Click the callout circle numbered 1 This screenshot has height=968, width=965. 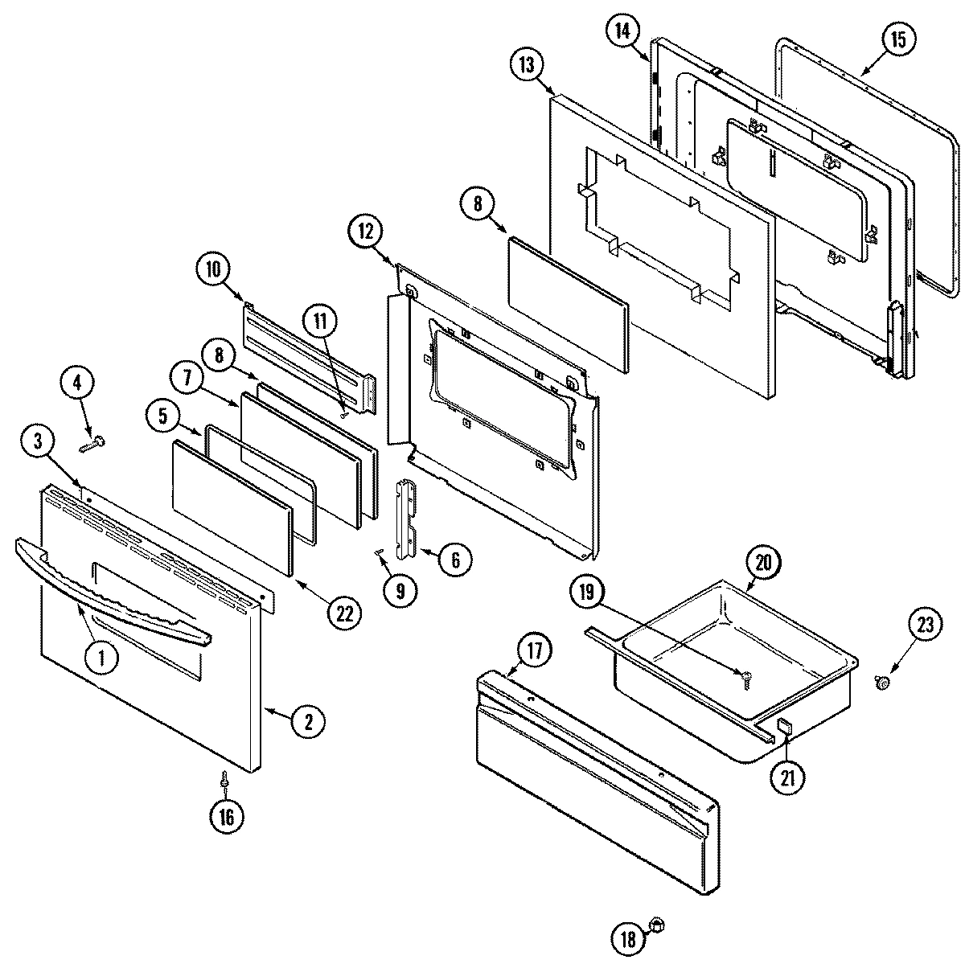click(101, 658)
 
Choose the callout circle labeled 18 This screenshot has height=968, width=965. click(628, 937)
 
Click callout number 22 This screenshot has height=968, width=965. click(344, 613)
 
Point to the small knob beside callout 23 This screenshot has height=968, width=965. click(882, 683)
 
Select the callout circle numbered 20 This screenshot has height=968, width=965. click(763, 563)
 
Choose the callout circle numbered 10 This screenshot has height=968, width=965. click(213, 269)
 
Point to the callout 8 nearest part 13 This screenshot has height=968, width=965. click(478, 204)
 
